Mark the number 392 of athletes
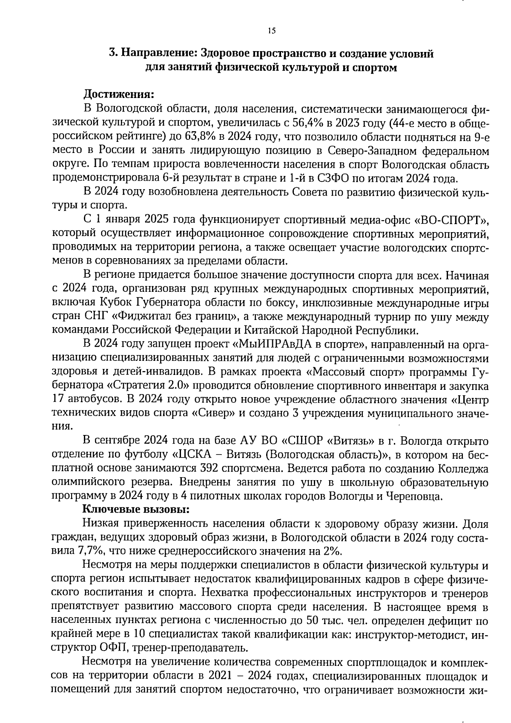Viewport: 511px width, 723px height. [x=210, y=468]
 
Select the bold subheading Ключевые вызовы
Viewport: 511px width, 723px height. [x=135, y=509]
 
